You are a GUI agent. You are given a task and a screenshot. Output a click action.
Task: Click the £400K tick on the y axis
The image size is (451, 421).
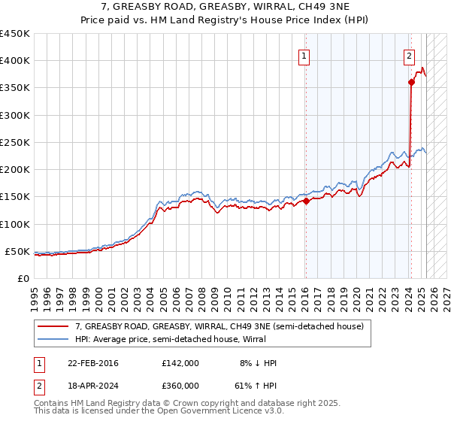point(15,61)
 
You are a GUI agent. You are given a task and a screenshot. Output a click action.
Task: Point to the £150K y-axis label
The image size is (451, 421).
point(15,197)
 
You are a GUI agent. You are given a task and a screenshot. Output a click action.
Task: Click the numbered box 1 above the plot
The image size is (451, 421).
point(304,55)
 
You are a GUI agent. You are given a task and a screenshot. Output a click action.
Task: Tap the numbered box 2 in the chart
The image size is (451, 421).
point(409,55)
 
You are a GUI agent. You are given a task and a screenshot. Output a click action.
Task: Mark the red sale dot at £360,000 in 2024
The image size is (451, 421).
point(411,83)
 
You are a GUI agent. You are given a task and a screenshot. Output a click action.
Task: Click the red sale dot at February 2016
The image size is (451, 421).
point(306,201)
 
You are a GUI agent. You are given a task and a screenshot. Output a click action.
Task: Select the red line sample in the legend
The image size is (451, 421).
point(54,326)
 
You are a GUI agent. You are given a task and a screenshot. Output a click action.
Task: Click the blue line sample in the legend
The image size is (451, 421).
point(54,339)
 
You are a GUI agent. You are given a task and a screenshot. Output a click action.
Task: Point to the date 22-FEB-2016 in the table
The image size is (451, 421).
point(92,363)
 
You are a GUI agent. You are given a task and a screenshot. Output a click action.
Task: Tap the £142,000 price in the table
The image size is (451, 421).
point(180,363)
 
